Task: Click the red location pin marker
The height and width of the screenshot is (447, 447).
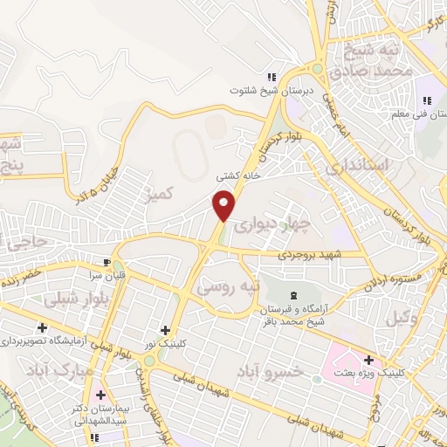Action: pos(225,203)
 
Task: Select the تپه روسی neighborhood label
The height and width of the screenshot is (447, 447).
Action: pos(224,285)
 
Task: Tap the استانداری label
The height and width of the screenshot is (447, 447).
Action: pos(349,164)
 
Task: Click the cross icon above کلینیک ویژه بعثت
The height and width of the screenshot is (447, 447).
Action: pos(369,360)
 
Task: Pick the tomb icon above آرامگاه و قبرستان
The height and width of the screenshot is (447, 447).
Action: pos(292,298)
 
